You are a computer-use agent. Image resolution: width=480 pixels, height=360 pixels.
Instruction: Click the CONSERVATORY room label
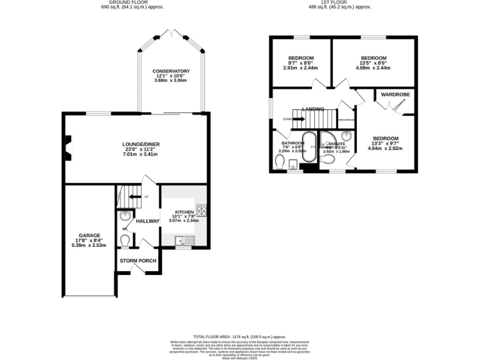point(171,71)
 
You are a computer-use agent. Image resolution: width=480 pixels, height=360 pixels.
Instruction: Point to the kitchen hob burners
point(202,210)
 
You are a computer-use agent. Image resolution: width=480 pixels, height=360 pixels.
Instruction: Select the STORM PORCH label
point(137,261)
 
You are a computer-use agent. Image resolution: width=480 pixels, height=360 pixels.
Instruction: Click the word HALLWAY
point(148,221)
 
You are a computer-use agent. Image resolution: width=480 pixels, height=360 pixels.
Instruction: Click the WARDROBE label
point(394,95)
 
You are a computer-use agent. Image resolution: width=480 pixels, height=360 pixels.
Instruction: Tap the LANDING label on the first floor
point(312,109)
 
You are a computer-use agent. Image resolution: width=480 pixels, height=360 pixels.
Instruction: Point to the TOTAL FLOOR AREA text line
point(240,336)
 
